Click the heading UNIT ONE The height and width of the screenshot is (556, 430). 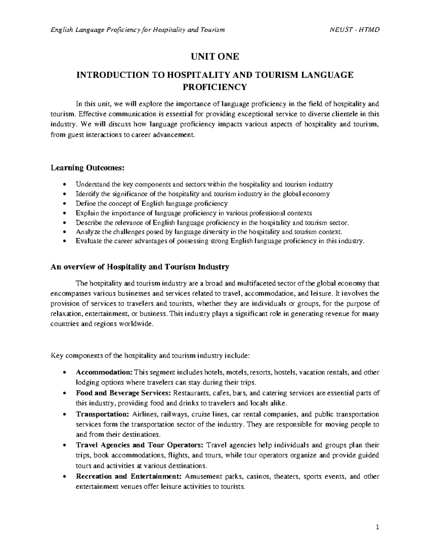(215, 57)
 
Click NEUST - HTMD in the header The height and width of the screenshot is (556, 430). (354, 30)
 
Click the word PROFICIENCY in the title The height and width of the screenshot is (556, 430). (215, 87)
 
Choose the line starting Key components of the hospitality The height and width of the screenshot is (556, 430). (150, 356)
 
